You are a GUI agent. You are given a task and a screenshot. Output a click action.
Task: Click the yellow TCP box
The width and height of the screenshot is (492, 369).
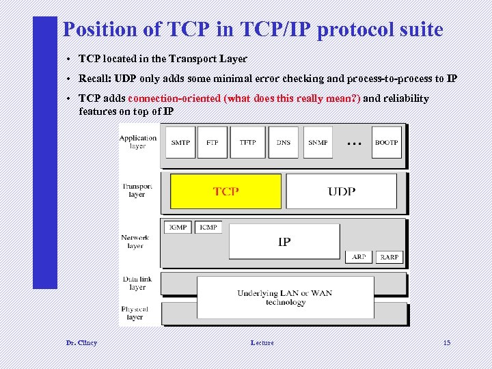click(x=225, y=191)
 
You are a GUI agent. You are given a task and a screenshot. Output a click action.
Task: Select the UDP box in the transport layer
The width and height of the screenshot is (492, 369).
click(x=341, y=191)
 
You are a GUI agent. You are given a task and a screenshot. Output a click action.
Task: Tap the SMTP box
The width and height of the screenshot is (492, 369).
click(x=180, y=142)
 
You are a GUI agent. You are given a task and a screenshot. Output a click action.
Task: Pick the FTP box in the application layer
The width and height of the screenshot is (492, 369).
click(x=213, y=142)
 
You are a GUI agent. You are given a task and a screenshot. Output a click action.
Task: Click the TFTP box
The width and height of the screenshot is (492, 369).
click(x=247, y=142)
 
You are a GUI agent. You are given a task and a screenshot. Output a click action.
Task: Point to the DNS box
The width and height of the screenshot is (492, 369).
click(x=284, y=142)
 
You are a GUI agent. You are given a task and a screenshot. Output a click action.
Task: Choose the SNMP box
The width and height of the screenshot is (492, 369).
click(x=318, y=142)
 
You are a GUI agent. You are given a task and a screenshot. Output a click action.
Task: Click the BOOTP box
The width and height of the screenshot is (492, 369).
click(x=386, y=142)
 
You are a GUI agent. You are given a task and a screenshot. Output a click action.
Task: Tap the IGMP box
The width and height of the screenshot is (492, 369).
click(x=178, y=227)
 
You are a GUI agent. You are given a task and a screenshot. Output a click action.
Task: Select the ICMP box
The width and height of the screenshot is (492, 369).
click(x=208, y=227)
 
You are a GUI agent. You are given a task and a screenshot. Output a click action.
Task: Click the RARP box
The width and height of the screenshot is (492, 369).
click(x=389, y=257)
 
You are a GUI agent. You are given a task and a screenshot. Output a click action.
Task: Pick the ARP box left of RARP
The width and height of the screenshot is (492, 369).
click(x=359, y=257)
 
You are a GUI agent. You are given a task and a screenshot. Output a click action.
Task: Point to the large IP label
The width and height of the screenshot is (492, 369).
click(x=284, y=241)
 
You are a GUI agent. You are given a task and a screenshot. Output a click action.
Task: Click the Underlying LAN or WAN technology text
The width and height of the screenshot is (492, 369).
click(x=285, y=297)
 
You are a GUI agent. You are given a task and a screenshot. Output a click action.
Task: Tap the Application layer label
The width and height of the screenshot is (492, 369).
click(x=138, y=142)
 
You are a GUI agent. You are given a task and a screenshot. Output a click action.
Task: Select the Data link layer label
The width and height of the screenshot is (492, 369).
click(x=137, y=283)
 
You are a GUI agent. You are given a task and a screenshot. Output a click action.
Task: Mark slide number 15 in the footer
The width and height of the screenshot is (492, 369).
click(x=447, y=342)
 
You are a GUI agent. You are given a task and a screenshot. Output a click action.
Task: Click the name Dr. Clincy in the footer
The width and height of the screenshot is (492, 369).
click(x=81, y=342)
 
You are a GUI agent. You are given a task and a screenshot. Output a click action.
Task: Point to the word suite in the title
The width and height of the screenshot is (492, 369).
click(x=417, y=30)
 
